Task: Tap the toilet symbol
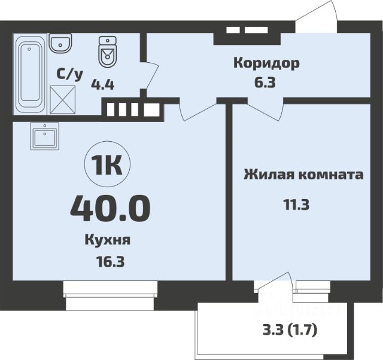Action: coord(107,53)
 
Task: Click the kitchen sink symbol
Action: coord(44,137)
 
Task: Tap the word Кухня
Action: coord(108,240)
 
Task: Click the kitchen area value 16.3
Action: coord(108,261)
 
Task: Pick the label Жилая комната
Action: coord(303,175)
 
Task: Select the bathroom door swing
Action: coord(151,74)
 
